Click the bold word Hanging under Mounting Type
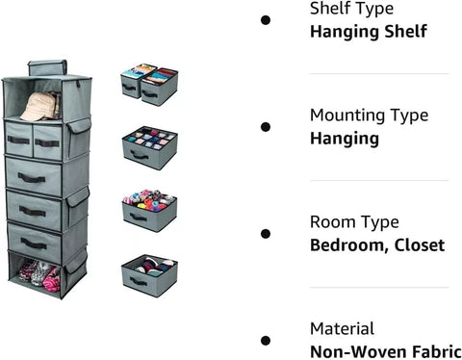coord(345,138)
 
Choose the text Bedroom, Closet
coord(377,244)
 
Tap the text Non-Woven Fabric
coord(384,351)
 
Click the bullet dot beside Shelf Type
coord(266,19)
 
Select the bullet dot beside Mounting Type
coord(266,126)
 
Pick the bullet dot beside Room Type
coord(266,233)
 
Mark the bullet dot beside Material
coord(266,340)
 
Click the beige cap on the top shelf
coord(41,107)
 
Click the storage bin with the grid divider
coord(149,146)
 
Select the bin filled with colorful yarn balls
coord(149,209)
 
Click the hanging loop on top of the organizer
coord(44,67)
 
